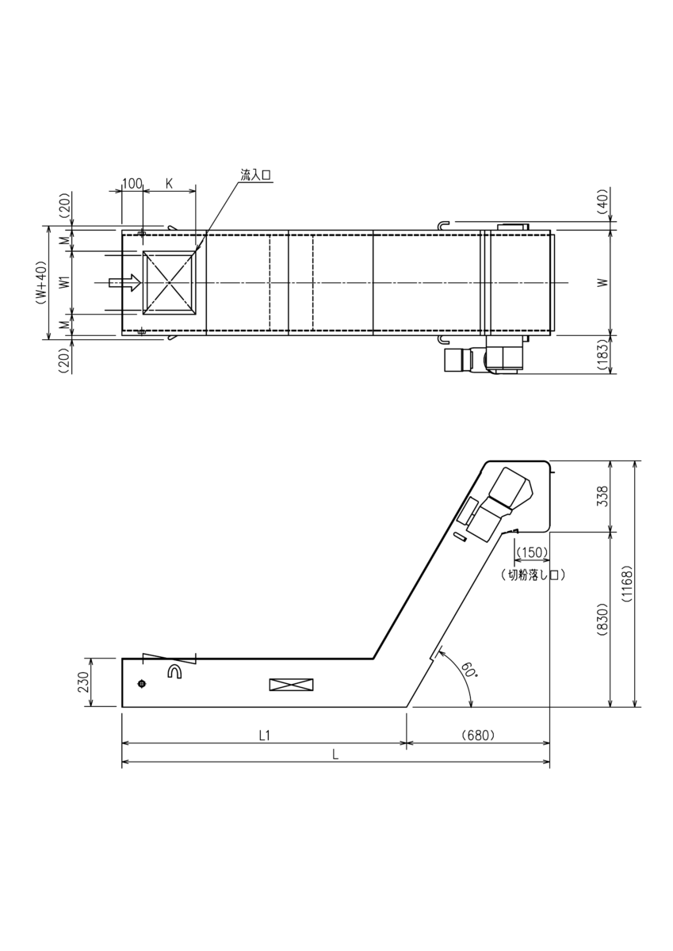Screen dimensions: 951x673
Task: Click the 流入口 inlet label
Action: [256, 174]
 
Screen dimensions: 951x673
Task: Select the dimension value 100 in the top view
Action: [132, 184]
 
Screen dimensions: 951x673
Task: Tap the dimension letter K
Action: [169, 184]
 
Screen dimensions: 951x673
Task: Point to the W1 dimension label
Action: [63, 282]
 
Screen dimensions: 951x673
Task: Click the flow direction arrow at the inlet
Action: [125, 282]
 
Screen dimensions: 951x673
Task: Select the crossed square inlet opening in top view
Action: [169, 283]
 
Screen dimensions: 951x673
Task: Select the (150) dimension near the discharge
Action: [532, 552]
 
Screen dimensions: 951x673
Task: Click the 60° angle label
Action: [468, 671]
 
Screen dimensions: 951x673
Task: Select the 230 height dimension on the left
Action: [83, 682]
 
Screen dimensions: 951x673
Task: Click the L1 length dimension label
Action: [266, 735]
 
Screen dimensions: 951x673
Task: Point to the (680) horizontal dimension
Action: [478, 735]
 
